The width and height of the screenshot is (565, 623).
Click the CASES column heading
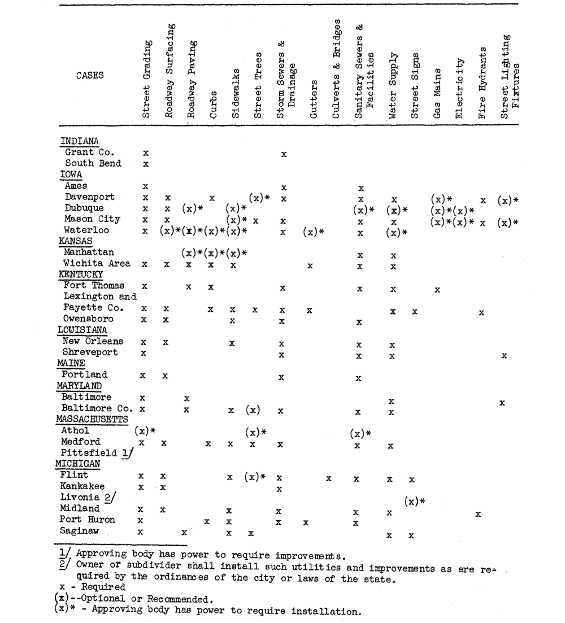pos(90,76)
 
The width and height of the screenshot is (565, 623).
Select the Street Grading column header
pos(146,79)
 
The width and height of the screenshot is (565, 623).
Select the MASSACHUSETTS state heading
pos(92,419)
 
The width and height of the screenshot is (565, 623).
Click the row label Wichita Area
pos(97,263)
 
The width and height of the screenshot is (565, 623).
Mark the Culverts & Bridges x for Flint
pos(328,478)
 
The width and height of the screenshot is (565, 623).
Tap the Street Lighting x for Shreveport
pos(503,356)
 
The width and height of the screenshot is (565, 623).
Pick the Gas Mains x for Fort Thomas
pos(437,290)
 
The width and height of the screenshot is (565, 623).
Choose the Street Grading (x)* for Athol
pos(145,432)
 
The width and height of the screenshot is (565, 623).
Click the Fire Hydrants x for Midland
pos(478,514)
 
